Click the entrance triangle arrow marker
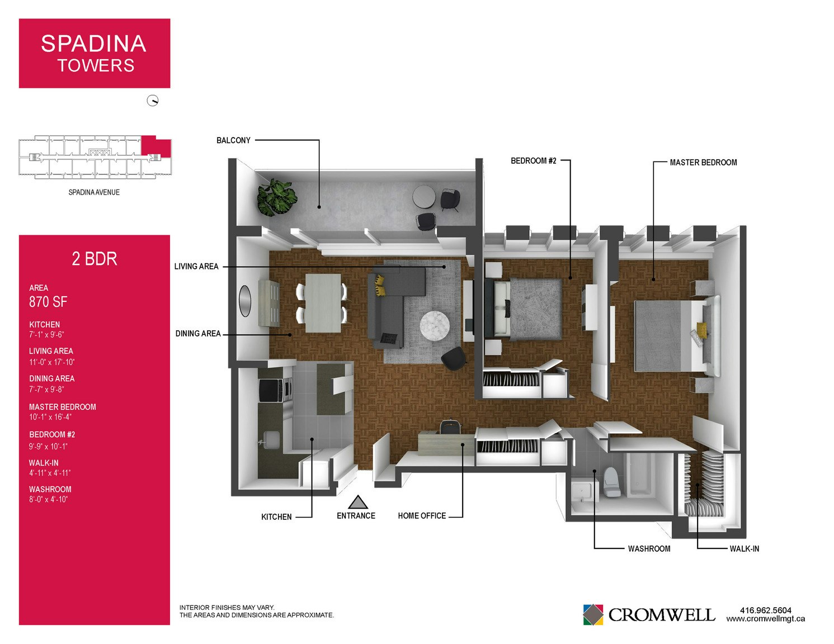pos(357,502)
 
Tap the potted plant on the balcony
pos(277,197)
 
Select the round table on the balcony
pos(424,196)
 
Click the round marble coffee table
pos(435,325)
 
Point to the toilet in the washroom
pos(612,482)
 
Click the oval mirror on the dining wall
pos(245,301)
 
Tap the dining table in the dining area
pos(323,303)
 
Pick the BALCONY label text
pos(233,140)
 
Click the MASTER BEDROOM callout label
pos(703,163)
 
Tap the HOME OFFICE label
pos(422,516)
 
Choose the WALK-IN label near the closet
pos(744,549)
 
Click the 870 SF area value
pos(48,302)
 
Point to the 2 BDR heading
pos(95,259)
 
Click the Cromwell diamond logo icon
pos(593,614)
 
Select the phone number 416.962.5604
pos(766,610)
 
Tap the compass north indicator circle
pos(153,101)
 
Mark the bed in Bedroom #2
pos(523,309)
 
